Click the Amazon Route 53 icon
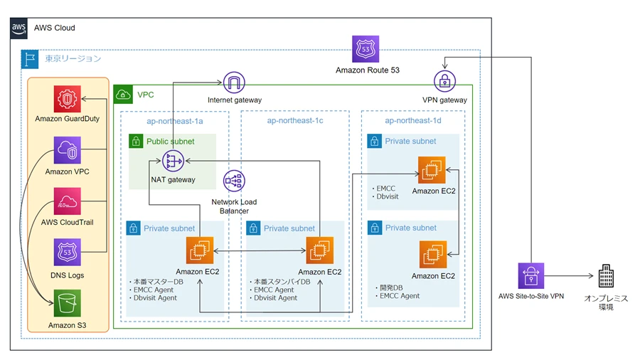(366, 49)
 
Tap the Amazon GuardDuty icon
(68, 98)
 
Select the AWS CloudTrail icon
(68, 202)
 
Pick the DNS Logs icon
(68, 253)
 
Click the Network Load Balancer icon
(234, 182)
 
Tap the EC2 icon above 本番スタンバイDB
(320, 251)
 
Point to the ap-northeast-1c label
(295, 121)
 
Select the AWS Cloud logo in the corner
(19, 28)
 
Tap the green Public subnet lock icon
(136, 141)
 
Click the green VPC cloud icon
(123, 94)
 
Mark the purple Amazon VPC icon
(68, 151)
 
